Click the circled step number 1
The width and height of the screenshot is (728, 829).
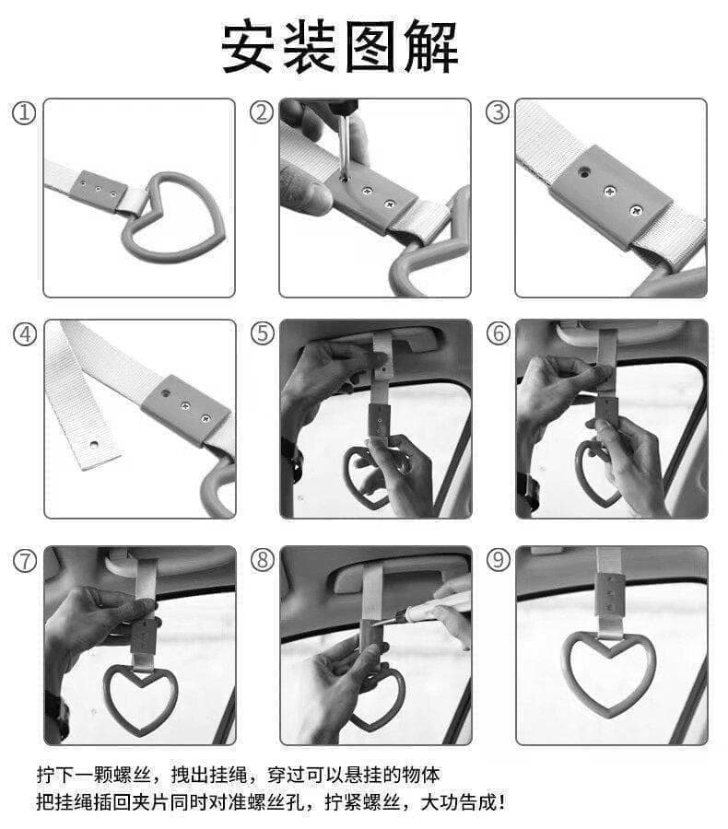tap(24, 113)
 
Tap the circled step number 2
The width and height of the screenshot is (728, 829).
tap(262, 112)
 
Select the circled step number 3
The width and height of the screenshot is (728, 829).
tap(498, 112)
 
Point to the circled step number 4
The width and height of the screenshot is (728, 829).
tap(25, 334)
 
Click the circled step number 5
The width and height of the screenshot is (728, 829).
tap(263, 333)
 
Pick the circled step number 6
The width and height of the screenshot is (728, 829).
tap(499, 333)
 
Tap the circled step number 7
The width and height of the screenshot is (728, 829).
tap(25, 560)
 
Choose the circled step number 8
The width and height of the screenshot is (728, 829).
tap(263, 560)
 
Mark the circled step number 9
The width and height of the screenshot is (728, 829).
tap(499, 560)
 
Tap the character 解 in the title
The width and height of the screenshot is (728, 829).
tap(430, 46)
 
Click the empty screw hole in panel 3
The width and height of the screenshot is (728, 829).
tap(583, 171)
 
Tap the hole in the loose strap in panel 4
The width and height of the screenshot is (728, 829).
tap(94, 443)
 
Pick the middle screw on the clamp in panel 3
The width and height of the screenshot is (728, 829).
tap(611, 191)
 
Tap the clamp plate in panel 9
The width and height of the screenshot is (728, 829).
tap(610, 595)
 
